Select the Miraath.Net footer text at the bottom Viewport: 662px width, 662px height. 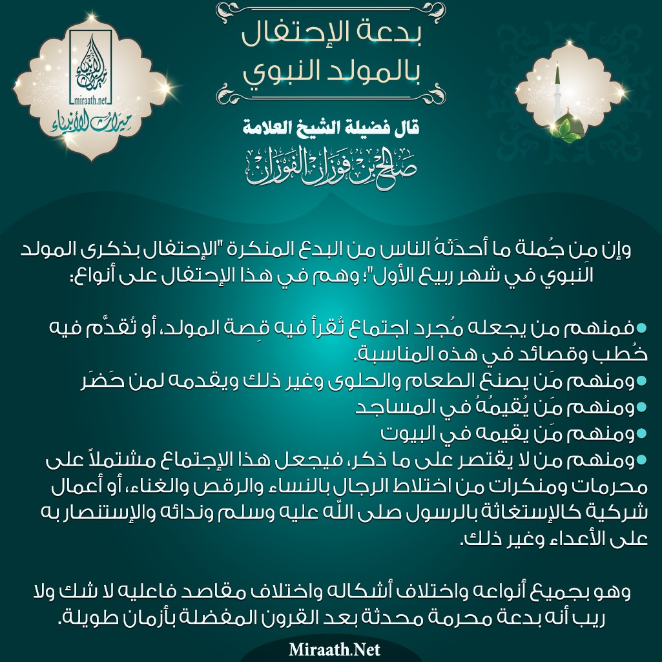[x=331, y=648]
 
